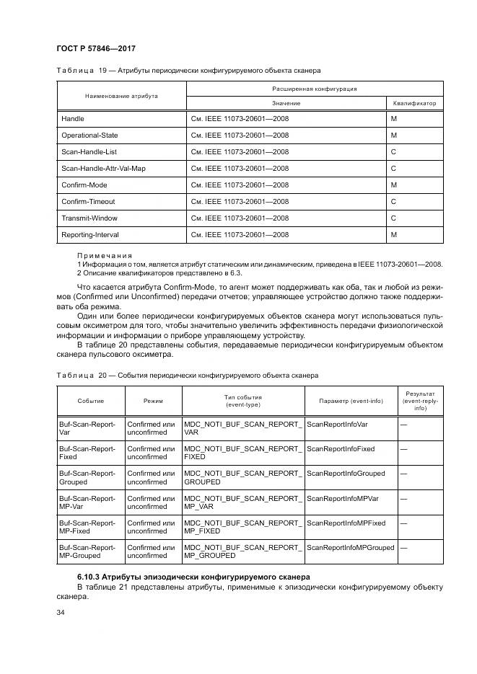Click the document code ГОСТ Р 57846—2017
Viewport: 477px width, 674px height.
95,48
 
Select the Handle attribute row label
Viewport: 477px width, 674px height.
73,118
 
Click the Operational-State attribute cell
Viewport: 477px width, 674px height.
89,135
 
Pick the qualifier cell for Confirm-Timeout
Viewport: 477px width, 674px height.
394,201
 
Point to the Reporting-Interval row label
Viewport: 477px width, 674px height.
90,234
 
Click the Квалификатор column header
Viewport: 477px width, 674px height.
415,103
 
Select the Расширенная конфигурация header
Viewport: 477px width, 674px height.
315,89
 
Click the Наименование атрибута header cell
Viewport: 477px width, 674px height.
121,96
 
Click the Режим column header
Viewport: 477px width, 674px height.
153,401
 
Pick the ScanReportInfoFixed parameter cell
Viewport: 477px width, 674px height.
341,448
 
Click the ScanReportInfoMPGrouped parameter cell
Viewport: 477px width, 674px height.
351,547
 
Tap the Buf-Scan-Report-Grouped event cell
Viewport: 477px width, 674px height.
87,477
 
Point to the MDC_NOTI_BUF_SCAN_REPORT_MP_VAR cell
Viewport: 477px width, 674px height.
242,502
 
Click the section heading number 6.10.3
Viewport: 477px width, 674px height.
91,577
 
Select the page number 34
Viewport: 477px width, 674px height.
61,612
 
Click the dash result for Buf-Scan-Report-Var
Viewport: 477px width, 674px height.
403,424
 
